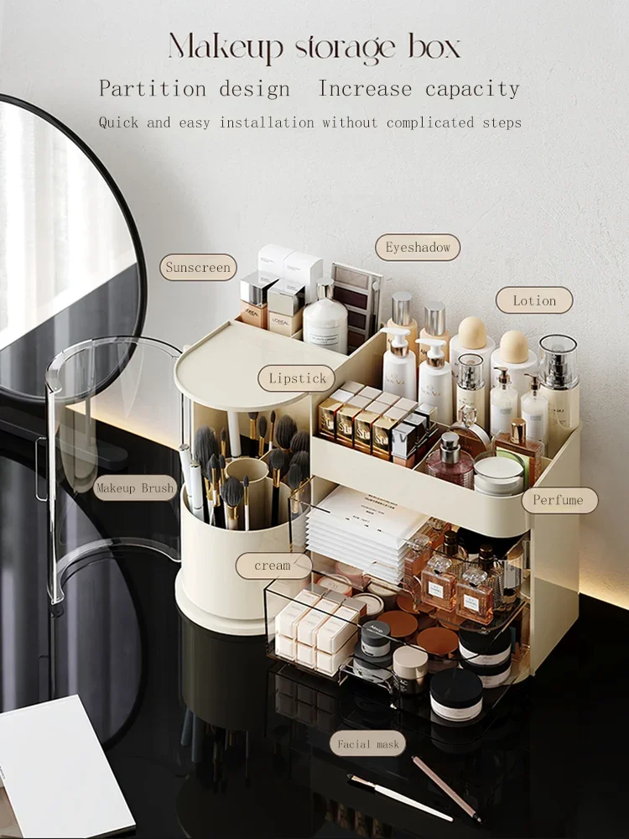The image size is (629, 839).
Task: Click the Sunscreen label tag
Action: [x=198, y=267]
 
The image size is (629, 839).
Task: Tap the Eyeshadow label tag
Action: [x=418, y=248]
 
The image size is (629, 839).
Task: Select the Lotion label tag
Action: [x=534, y=300]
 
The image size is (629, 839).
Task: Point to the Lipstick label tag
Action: [x=297, y=378]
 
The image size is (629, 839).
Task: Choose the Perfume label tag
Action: [x=559, y=500]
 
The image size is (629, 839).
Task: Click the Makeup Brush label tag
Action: [x=135, y=488]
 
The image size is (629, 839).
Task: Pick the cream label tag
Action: [x=273, y=565]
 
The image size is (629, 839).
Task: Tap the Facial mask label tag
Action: [x=368, y=743]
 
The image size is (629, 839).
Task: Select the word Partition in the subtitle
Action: [x=153, y=88]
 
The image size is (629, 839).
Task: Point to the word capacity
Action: [x=472, y=90]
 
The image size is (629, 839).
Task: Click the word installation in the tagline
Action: [x=267, y=122]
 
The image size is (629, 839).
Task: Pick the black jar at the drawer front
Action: [x=457, y=694]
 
